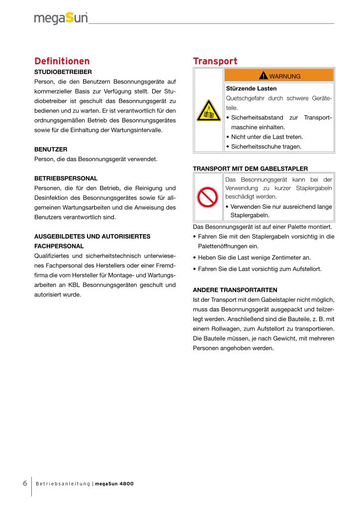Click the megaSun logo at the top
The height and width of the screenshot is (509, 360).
[61, 18]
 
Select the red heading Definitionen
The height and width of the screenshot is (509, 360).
[62, 61]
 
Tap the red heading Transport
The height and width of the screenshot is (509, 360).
[215, 61]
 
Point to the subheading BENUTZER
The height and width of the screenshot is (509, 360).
[51, 149]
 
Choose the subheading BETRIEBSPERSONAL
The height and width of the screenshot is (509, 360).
[66, 177]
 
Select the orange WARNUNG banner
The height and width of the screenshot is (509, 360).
[279, 76]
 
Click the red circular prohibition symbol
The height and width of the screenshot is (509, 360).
[208, 197]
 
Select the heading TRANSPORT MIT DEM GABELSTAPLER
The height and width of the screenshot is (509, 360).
[250, 169]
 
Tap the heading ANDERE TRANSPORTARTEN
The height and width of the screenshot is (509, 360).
[235, 289]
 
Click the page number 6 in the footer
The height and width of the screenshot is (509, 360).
[24, 483]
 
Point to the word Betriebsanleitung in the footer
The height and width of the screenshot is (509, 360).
[63, 484]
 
